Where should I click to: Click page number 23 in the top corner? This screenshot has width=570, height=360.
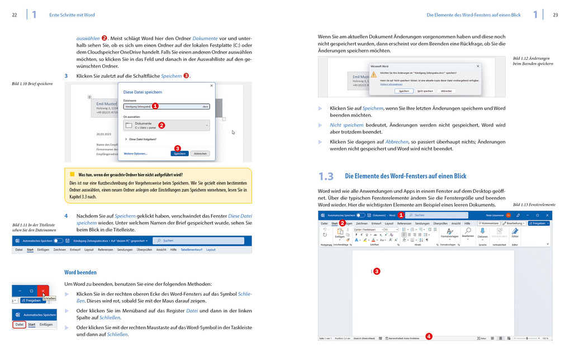click(555, 15)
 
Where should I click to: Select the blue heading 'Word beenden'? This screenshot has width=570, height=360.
click(80, 272)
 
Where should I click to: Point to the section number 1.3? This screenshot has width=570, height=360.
click(326, 177)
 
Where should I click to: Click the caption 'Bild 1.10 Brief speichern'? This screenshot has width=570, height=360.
click(32, 84)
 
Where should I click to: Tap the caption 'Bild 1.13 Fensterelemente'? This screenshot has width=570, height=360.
click(534, 205)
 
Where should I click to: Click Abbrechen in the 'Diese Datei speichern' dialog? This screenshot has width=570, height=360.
click(200, 153)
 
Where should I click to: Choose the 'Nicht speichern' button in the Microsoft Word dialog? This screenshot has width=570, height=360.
click(425, 91)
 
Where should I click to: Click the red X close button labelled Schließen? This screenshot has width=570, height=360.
click(43, 292)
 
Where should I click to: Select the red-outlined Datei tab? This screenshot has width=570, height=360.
click(20, 325)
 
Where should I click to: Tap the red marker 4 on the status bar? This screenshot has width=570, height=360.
click(429, 337)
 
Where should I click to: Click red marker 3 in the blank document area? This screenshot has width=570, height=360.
click(377, 271)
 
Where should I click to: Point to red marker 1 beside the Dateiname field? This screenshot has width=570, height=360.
click(155, 106)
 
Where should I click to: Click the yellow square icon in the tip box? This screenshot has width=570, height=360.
click(72, 174)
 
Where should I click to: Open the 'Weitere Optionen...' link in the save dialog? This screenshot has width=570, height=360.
click(135, 153)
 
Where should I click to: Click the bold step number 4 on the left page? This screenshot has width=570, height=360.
click(66, 216)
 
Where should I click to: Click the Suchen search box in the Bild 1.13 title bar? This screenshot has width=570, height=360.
click(441, 215)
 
